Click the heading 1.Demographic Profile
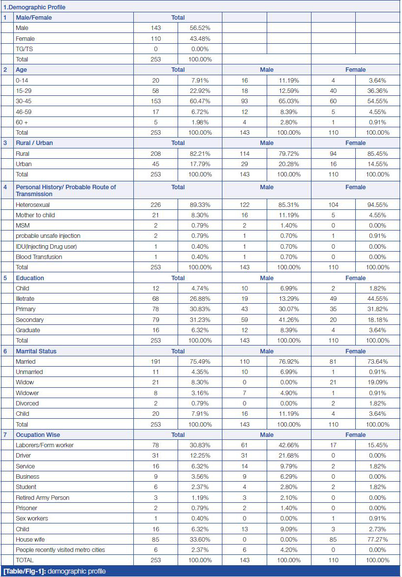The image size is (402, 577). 34,7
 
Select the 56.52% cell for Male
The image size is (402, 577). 200,28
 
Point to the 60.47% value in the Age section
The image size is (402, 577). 200,101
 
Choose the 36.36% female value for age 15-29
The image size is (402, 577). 377,91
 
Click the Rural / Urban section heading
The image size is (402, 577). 34,143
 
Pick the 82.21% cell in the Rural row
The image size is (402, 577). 200,154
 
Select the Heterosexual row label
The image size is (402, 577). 33,205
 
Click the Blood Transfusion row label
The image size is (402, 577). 39,257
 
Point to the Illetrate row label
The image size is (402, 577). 25,299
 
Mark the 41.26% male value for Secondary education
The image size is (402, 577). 289,320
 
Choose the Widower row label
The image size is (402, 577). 27,393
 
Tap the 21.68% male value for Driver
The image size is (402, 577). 289,456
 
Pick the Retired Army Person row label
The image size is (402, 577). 42,497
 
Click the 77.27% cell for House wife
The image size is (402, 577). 377,539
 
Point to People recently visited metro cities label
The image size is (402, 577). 60,549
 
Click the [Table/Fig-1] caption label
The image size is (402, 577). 24,572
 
